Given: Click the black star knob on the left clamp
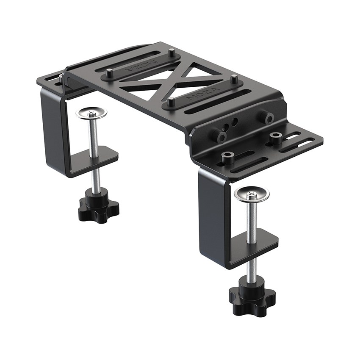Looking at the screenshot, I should (99, 208).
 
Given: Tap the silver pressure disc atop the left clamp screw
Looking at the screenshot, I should (91, 113).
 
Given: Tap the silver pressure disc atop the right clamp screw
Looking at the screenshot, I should (252, 194).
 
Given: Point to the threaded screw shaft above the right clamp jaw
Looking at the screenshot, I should (252, 220).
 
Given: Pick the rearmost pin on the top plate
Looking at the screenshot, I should (171, 53).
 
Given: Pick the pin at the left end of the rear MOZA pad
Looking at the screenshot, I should (109, 73).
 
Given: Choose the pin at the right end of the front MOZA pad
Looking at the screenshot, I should (234, 79).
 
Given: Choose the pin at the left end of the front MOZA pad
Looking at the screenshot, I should (170, 102).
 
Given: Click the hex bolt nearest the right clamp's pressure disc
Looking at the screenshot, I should (228, 158).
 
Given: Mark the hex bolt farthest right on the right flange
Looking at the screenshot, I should (276, 137).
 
